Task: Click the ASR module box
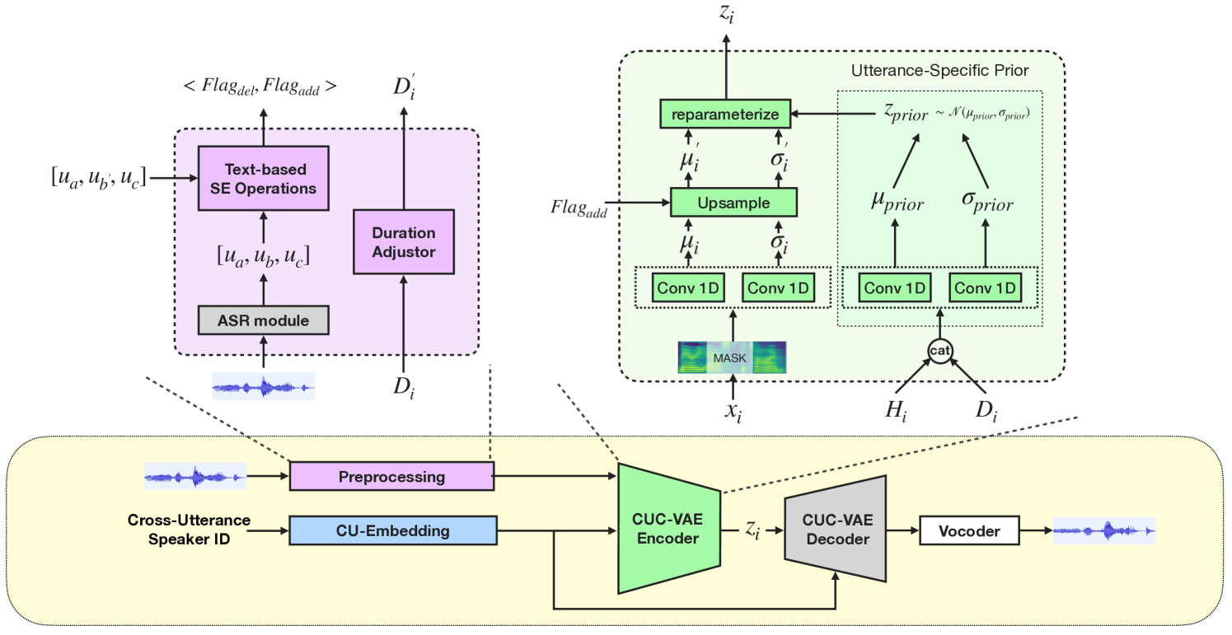coord(263,320)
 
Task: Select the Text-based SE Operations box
coord(263,179)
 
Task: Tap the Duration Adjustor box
coord(403,241)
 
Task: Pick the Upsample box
coord(733,202)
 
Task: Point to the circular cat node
coord(940,350)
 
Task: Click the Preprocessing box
coord(391,477)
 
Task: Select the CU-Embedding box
coord(392,530)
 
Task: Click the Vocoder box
coord(968,531)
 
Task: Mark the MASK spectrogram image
coord(732,358)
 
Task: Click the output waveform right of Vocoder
coord(1103,531)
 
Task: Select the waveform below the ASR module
coord(263,385)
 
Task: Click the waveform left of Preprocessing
coord(195,476)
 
